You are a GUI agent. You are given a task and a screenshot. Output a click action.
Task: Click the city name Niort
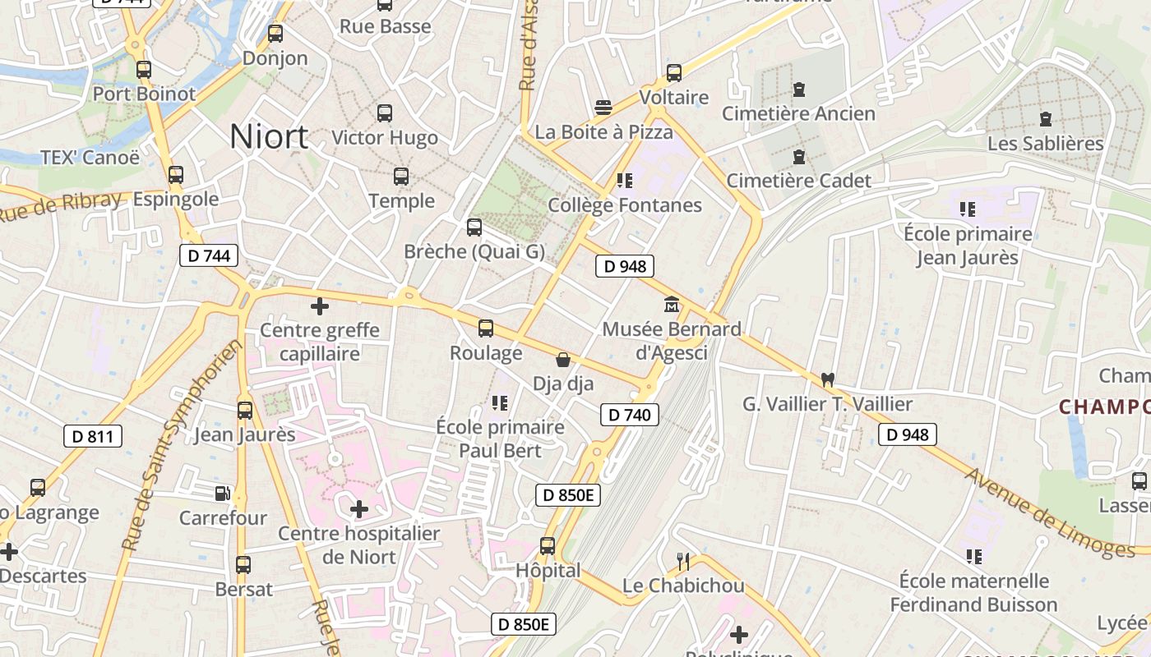coord(269,136)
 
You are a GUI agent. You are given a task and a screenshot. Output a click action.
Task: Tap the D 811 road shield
coord(93,436)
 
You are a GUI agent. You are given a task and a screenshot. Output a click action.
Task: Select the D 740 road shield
coord(630,415)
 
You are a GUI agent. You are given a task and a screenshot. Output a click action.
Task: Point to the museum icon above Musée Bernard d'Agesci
coord(672,306)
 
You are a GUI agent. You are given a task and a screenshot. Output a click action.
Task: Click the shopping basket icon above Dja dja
coord(563,360)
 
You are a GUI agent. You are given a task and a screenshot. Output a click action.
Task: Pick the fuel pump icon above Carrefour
coord(222,494)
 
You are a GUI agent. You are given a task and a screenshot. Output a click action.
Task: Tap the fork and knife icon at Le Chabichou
coord(682,562)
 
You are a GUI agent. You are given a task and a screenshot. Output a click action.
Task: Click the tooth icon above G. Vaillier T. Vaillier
coord(827,379)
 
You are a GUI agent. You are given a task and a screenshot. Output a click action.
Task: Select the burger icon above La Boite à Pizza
coord(603,108)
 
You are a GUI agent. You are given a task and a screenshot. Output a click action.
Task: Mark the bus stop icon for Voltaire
coord(674,73)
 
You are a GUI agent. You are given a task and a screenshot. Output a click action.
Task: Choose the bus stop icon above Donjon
coord(275,34)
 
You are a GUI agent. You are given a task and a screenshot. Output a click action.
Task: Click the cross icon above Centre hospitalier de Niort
coord(359,509)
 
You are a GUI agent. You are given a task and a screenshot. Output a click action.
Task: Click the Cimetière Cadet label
coord(798,181)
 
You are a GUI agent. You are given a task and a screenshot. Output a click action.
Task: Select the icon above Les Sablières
coord(1046,119)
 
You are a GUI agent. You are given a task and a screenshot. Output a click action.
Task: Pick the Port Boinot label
coord(144,94)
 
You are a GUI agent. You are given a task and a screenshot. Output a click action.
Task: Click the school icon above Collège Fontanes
coord(625,180)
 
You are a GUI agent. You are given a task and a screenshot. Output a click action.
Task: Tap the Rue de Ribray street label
coord(59,207)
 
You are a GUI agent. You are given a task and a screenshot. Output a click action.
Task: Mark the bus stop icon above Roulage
coord(486,328)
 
